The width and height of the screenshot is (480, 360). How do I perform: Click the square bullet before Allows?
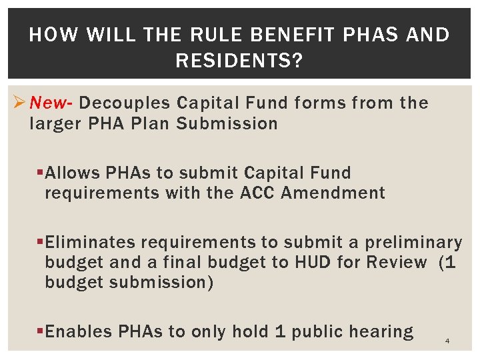click(x=41, y=173)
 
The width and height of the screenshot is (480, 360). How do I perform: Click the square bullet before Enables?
click(x=41, y=331)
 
